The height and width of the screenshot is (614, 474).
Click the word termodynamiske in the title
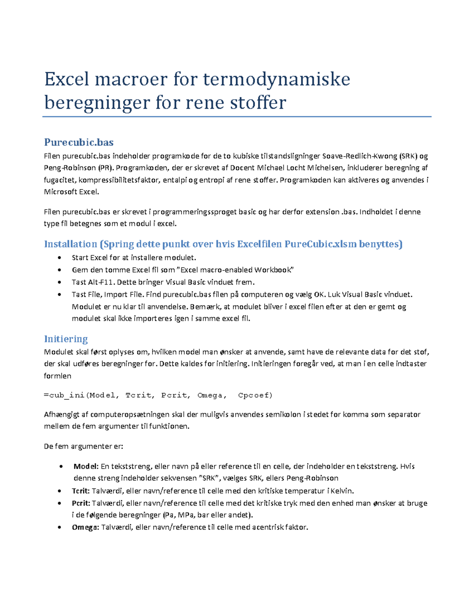[x=276, y=79]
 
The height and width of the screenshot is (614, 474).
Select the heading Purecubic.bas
[x=79, y=142]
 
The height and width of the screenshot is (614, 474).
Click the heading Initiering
[x=66, y=339]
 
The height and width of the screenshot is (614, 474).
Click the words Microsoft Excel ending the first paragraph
[x=71, y=192]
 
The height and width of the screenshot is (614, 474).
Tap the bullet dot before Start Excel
[x=59, y=258]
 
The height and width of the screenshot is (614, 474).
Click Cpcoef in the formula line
[x=255, y=395]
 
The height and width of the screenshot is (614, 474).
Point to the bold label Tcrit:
[x=81, y=491]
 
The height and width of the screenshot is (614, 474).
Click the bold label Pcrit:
[x=81, y=503]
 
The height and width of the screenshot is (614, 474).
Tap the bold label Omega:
[x=85, y=527]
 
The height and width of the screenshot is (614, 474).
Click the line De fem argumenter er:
[x=83, y=446]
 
